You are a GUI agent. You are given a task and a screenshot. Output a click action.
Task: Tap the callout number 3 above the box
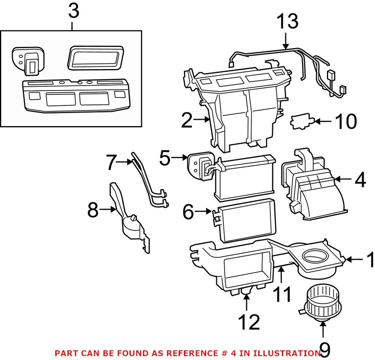(73, 11)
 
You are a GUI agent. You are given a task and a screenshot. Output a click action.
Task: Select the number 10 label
(345, 122)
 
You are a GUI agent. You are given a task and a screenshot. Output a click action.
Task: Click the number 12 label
(249, 322)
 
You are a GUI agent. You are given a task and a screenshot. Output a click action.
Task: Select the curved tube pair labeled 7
(148, 180)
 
